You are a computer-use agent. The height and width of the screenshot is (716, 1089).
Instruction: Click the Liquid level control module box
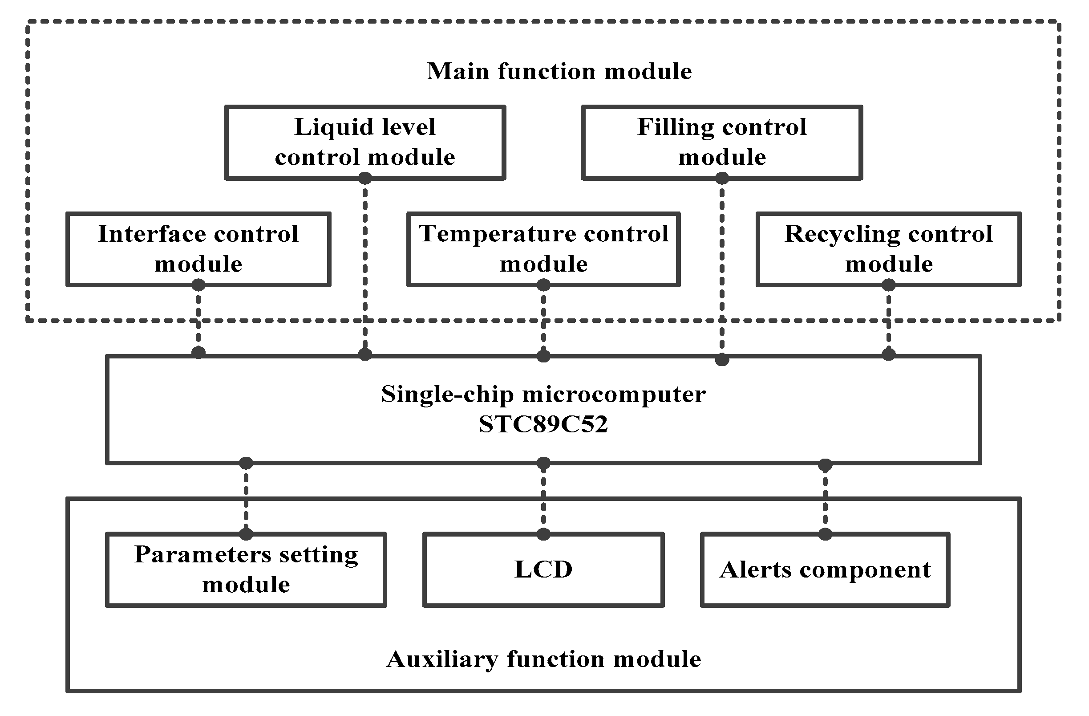(x=364, y=142)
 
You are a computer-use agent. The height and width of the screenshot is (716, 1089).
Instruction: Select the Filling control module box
(x=721, y=142)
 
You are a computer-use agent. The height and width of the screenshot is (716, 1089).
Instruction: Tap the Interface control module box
(x=198, y=249)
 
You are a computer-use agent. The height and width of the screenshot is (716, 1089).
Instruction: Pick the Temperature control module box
(x=543, y=249)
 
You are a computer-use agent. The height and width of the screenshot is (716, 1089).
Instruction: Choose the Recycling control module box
(x=888, y=249)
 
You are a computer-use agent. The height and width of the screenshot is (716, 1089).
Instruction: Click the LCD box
(x=543, y=570)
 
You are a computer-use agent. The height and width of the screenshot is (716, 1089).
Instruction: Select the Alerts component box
(x=825, y=570)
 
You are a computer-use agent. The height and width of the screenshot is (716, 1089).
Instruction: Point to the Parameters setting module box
(x=246, y=570)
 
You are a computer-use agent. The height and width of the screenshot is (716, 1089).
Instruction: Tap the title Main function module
(x=559, y=71)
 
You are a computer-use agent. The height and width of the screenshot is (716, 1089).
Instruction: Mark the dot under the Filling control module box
(x=721, y=178)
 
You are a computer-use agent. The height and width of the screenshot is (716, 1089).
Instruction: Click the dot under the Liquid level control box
(x=364, y=178)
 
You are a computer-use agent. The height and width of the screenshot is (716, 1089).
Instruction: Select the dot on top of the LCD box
(x=543, y=534)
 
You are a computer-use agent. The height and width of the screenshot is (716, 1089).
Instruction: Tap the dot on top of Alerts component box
(x=825, y=534)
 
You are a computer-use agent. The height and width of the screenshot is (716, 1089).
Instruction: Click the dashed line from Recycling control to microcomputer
(x=888, y=321)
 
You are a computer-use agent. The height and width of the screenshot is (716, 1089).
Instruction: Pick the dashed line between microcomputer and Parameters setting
(x=246, y=499)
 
